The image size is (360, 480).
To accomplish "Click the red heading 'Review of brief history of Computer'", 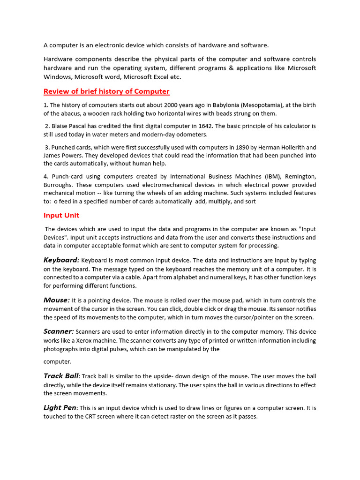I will coord(106,91).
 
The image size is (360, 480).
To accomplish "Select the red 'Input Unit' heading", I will coord(61,216).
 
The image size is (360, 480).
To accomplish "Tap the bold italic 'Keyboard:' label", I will coord(61,260).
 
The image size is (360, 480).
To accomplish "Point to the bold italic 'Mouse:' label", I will coord(57,300).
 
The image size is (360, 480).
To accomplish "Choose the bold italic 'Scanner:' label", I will coord(59,331).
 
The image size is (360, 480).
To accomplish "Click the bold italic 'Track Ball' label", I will coord(61,376).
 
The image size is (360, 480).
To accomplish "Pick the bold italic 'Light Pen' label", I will coord(60,408).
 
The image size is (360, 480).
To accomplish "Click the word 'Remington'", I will coord(299,177).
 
